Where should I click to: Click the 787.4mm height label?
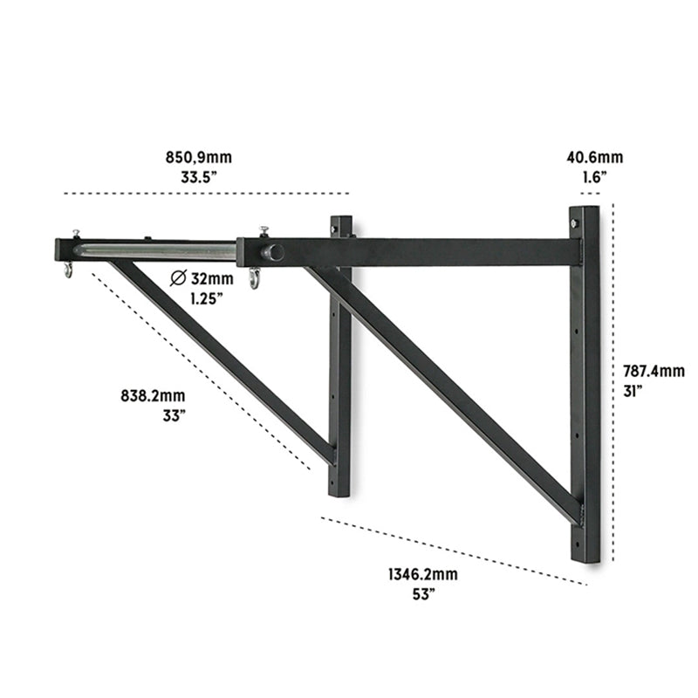[x=654, y=371]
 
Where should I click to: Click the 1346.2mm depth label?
[x=422, y=575]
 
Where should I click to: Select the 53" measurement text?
[x=422, y=593]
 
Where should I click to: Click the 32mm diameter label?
[x=213, y=279]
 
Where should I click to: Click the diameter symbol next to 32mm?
[x=178, y=279]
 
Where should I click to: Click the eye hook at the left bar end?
[x=67, y=270]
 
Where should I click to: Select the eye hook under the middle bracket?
[x=254, y=278]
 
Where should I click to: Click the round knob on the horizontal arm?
[x=273, y=252]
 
